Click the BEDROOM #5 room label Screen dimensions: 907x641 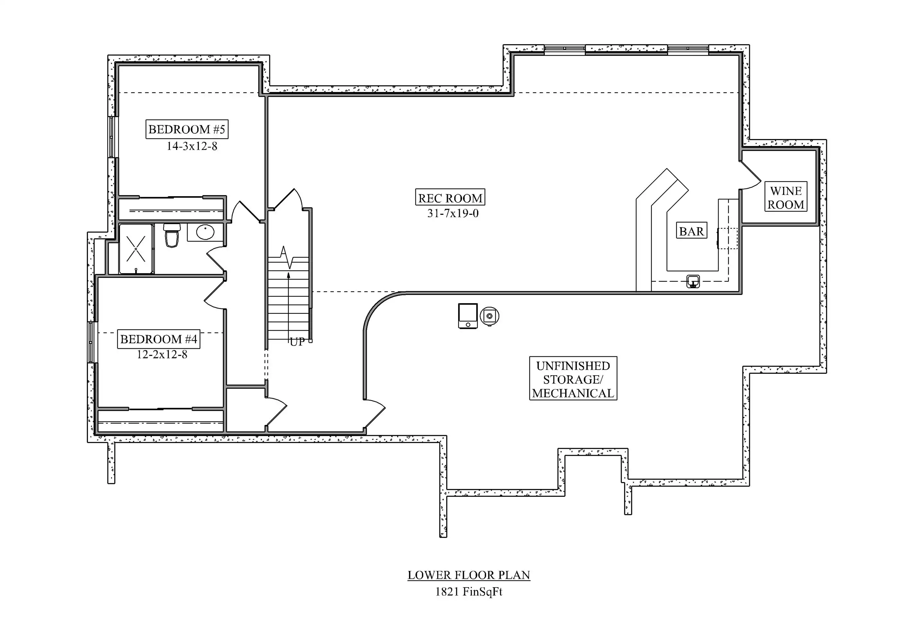[x=187, y=129]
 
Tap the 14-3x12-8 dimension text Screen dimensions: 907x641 [x=192, y=146]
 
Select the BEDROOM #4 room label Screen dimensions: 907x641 [x=158, y=339]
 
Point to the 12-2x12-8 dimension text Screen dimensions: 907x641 [x=162, y=354]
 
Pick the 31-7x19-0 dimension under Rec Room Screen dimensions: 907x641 [x=453, y=213]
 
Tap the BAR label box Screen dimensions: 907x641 [x=691, y=231]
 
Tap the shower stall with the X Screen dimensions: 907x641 [x=136, y=249]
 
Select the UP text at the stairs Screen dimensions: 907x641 [x=297, y=342]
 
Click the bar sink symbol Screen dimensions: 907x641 [x=693, y=281]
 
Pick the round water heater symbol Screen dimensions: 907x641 [x=490, y=316]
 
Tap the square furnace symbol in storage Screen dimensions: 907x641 [x=468, y=316]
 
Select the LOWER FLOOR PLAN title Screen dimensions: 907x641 [x=469, y=575]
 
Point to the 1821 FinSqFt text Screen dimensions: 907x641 [x=469, y=592]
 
